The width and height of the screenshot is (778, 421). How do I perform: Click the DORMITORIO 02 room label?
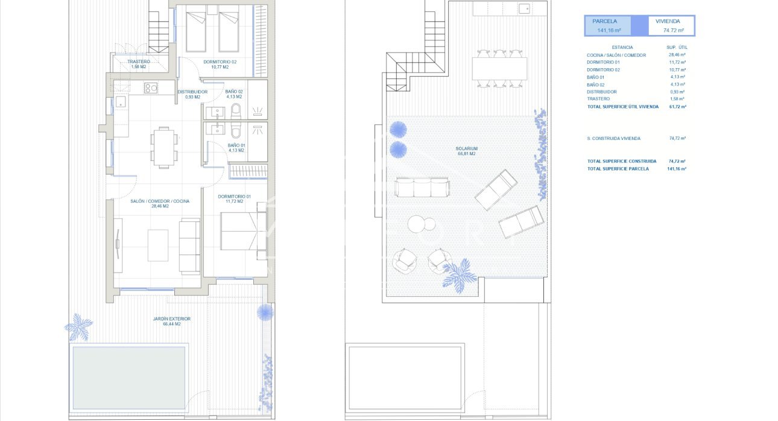[215, 62]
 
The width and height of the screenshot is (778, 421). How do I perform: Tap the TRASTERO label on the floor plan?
[139, 62]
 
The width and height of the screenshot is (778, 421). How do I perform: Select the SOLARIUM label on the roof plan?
[467, 148]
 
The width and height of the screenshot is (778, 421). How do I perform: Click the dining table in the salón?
[163, 147]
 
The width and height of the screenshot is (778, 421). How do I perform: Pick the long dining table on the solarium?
[499, 68]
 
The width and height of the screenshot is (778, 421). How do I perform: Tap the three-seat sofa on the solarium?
[422, 187]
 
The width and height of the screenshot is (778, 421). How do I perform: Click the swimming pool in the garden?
[129, 369]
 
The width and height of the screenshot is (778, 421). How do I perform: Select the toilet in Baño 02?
[236, 111]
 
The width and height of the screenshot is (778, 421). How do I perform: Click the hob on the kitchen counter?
[150, 88]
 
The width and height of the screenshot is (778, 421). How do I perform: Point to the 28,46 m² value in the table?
[678, 55]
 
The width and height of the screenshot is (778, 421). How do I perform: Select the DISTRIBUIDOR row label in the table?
[602, 92]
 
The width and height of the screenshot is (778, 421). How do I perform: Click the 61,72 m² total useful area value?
[678, 106]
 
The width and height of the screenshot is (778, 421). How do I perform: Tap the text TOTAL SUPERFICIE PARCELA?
[618, 169]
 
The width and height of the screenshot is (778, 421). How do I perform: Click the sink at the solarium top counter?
[524, 8]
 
